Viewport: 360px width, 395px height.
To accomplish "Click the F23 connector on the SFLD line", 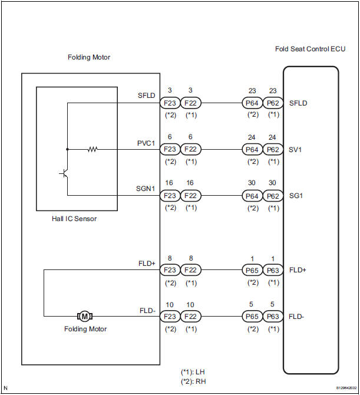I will click(x=170, y=103).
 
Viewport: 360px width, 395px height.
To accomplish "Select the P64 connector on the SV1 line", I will click(x=253, y=149).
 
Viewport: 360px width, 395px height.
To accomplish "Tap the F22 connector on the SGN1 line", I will click(x=191, y=195).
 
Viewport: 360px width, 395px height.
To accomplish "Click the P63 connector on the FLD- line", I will click(x=272, y=316).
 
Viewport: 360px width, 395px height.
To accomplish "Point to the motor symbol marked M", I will click(x=85, y=316).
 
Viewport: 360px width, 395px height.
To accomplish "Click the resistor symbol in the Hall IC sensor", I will click(x=92, y=149).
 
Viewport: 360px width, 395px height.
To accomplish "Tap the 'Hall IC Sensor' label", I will click(x=74, y=219).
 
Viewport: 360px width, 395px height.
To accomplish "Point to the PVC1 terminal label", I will click(x=146, y=141).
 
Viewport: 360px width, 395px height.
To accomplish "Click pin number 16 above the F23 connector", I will click(x=170, y=183).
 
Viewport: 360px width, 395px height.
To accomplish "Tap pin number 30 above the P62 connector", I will click(x=272, y=183).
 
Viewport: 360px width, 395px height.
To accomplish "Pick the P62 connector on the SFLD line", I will click(x=272, y=103).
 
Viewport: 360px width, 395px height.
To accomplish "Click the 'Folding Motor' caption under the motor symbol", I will click(x=85, y=329).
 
